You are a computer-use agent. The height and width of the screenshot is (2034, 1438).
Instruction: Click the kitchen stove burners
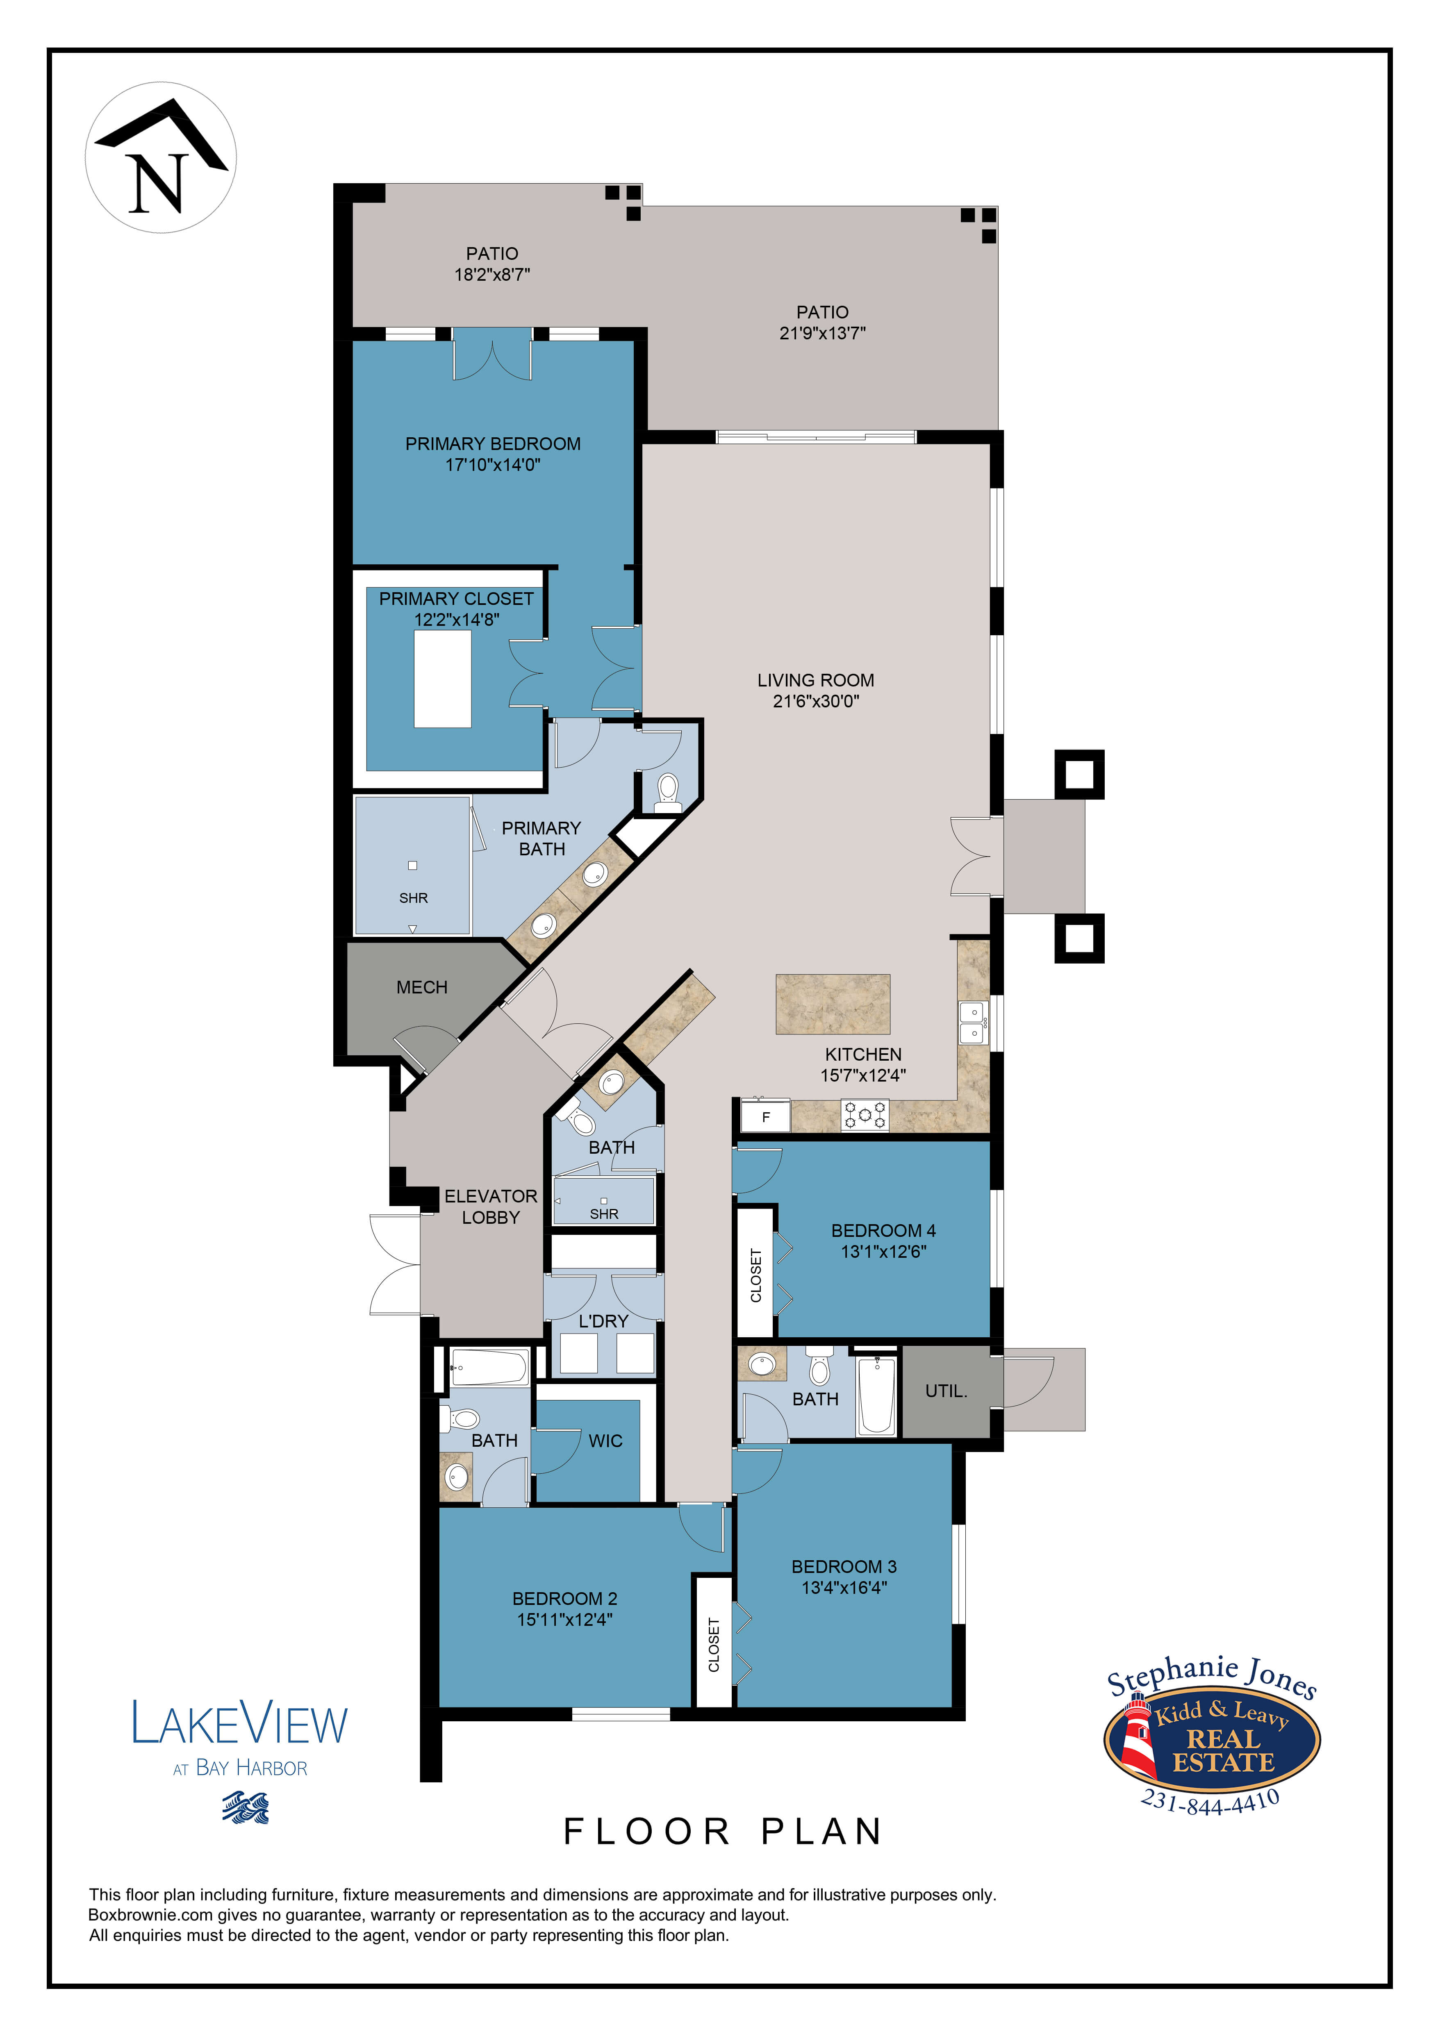(864, 1115)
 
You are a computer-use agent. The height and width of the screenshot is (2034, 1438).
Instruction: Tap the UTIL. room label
(946, 1391)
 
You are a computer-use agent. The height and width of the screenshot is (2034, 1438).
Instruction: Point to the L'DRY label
(603, 1321)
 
